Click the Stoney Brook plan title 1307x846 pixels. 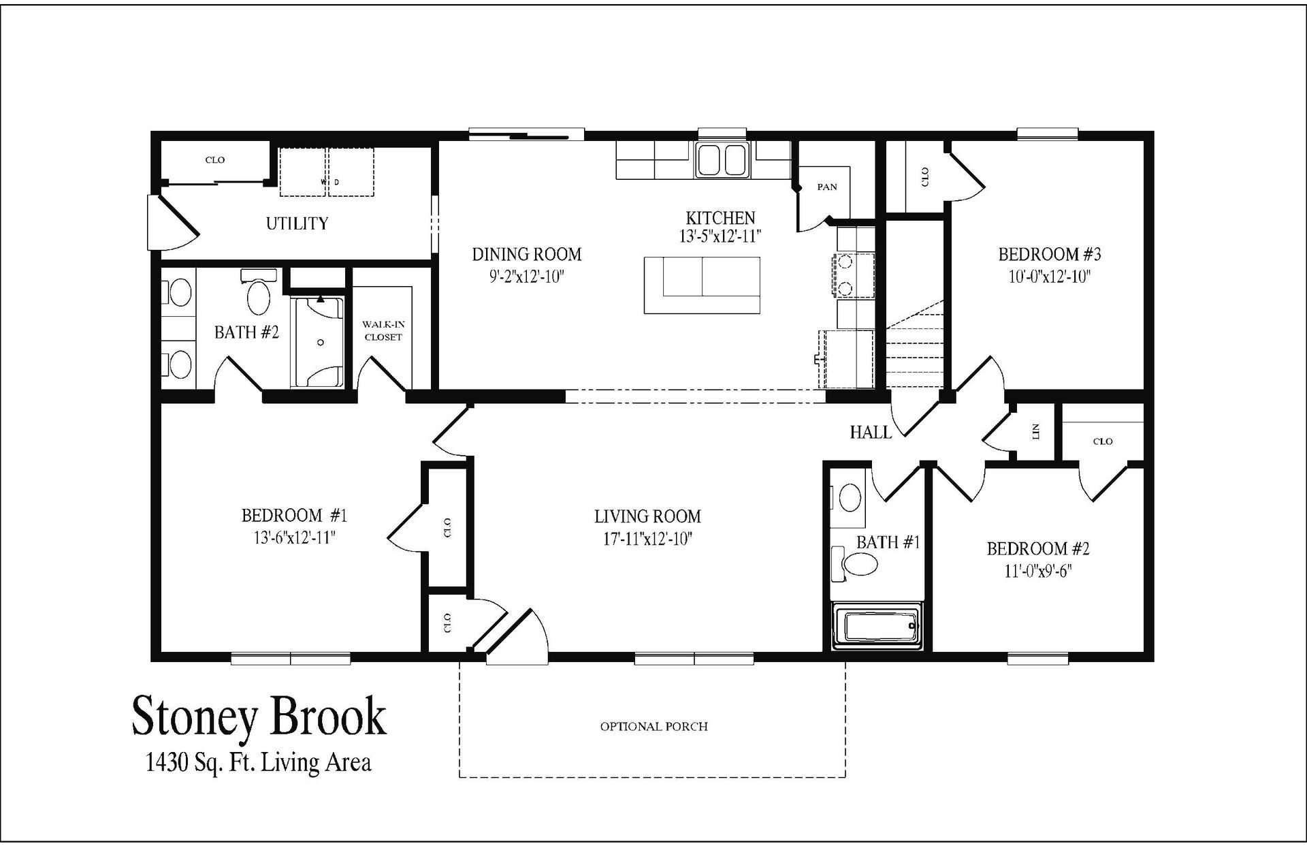coord(259,717)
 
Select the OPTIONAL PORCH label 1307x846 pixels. coord(653,727)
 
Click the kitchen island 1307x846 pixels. coord(702,285)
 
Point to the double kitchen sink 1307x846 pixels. coord(722,161)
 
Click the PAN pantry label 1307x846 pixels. coord(827,187)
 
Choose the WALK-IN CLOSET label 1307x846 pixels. coord(383,331)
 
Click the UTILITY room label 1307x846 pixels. coord(297,223)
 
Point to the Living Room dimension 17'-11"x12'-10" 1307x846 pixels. coord(647,539)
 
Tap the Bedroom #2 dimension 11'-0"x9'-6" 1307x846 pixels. coord(1038,571)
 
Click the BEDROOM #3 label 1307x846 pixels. coord(1050,255)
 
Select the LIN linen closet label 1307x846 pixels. coord(1036,430)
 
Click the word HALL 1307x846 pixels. coord(870,432)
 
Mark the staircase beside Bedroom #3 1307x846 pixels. coord(915,347)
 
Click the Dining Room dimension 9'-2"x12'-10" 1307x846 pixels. coord(527,277)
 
